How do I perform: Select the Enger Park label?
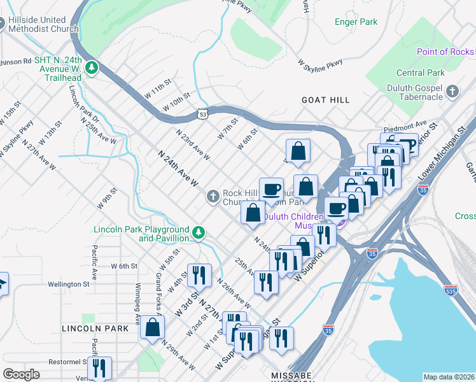click(356, 22)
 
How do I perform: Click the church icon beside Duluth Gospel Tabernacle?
click(452, 91)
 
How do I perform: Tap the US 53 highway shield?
click(202, 114)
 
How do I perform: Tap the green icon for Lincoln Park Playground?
click(199, 233)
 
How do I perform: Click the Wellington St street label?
click(67, 284)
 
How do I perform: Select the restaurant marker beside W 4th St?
click(199, 276)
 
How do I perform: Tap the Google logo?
click(21, 374)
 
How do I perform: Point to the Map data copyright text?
click(449, 377)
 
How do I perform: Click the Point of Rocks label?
click(445, 52)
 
